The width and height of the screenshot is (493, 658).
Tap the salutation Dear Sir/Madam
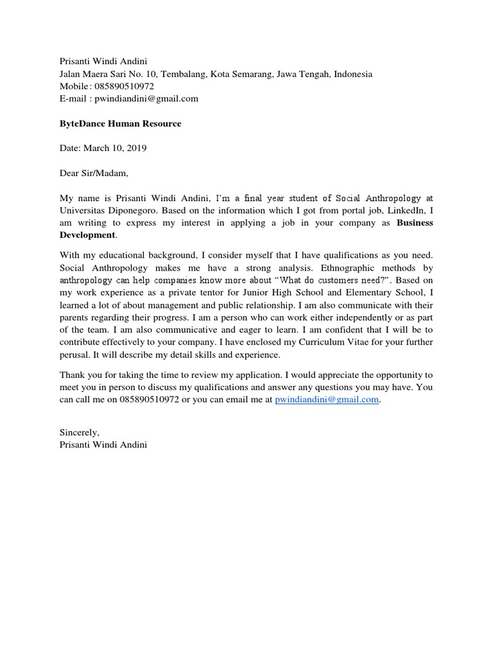point(94,173)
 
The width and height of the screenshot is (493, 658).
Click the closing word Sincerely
point(79,432)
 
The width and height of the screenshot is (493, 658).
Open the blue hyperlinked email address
point(327,399)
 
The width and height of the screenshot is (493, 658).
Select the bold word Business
point(415,222)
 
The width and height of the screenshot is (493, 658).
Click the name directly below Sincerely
point(103,445)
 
